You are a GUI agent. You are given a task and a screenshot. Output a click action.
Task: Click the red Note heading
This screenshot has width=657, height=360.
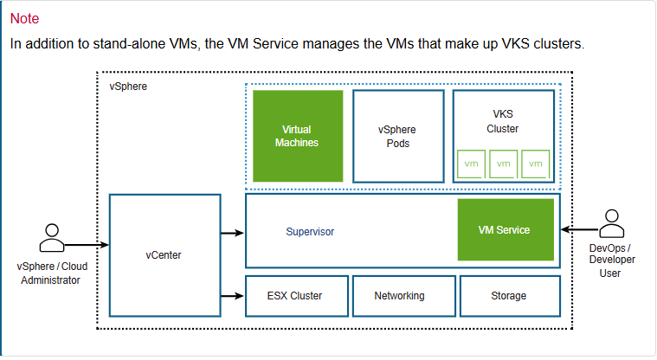coord(24,18)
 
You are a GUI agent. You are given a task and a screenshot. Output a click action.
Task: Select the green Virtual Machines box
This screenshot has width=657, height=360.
coord(297,136)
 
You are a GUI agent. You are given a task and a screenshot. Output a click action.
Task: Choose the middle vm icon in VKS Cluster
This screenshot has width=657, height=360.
coord(504,164)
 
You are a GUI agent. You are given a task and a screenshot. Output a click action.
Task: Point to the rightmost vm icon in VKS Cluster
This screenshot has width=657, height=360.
coord(536,164)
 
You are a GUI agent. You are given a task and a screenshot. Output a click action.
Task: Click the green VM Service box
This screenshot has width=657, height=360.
coord(506,230)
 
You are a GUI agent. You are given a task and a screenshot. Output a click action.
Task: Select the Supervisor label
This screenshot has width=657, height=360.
coord(310,232)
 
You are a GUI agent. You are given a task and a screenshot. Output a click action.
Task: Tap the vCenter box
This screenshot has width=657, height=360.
coord(164,255)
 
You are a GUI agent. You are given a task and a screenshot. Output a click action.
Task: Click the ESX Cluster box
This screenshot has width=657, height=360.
coord(297,296)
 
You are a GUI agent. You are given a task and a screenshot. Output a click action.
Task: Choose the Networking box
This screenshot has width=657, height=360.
coord(399,296)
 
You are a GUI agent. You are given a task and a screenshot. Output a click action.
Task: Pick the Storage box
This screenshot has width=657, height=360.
coord(508,296)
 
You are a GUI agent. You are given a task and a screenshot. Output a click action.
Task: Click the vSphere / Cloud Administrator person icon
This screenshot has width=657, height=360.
coord(51,236)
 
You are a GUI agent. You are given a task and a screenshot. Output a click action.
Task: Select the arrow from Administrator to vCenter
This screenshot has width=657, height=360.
coord(87,246)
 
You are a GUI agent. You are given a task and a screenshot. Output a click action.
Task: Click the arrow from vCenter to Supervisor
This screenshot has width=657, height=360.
coord(232,233)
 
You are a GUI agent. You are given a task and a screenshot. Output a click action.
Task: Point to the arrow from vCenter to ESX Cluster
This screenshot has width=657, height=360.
coord(232,296)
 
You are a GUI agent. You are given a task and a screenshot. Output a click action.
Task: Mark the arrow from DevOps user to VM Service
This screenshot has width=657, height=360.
coord(578,230)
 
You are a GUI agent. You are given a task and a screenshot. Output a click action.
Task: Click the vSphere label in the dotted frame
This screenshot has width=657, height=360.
coord(127,87)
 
